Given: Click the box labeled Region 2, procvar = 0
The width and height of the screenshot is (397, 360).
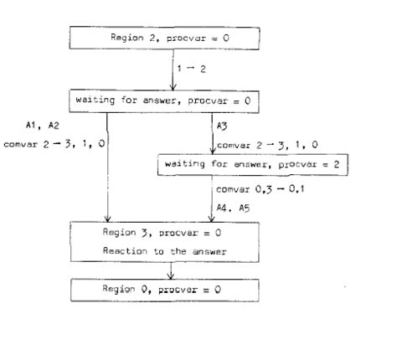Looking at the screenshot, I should (172, 39).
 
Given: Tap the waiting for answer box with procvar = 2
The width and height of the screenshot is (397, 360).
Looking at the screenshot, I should (252, 165).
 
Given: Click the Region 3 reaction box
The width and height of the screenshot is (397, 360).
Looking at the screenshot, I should (172, 241).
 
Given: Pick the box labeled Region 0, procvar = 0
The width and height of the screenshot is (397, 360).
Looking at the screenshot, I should (172, 289).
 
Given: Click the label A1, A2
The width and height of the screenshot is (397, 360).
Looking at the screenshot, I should (41, 126).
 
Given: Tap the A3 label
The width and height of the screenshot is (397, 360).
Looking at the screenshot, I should (221, 126).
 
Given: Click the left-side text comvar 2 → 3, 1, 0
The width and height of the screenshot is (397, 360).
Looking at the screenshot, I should (55, 144).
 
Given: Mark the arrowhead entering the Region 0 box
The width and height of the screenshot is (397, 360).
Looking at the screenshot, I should (172, 275).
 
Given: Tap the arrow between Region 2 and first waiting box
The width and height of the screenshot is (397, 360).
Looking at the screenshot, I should (172, 69).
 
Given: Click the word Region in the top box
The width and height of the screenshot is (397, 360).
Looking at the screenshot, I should (125, 39).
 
